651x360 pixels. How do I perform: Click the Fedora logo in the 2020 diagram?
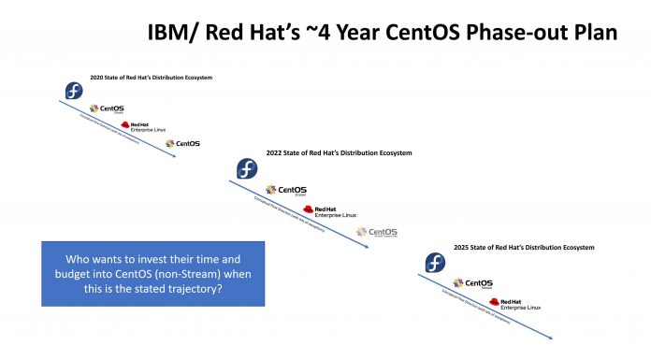74,92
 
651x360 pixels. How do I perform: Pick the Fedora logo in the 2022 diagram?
245,169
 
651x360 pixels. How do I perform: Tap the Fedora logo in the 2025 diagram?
435,263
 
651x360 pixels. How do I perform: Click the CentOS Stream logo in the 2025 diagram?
472,282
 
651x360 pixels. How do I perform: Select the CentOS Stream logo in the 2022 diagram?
284,191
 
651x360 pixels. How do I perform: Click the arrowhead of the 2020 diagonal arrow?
173,156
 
